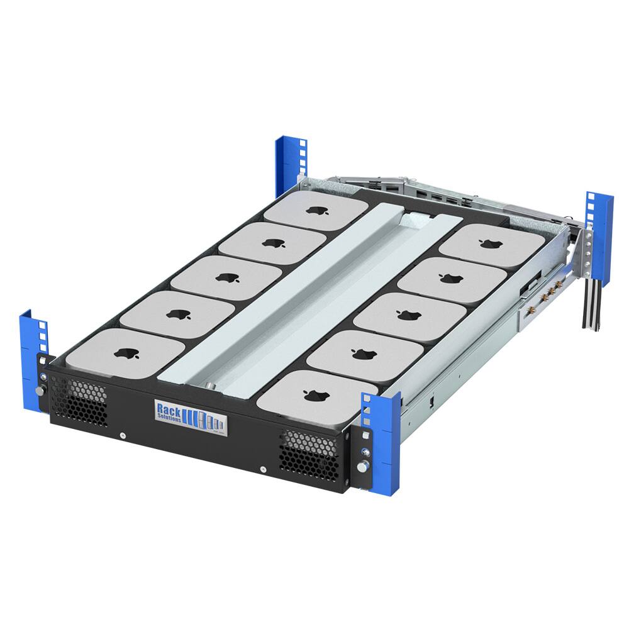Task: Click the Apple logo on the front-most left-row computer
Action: pyautogui.click(x=128, y=354)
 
